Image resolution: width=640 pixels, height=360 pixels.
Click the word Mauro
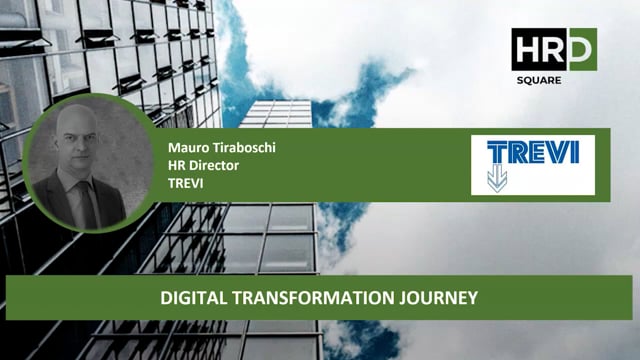point(187,147)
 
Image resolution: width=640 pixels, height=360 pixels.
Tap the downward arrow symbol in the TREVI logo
point(497,180)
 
